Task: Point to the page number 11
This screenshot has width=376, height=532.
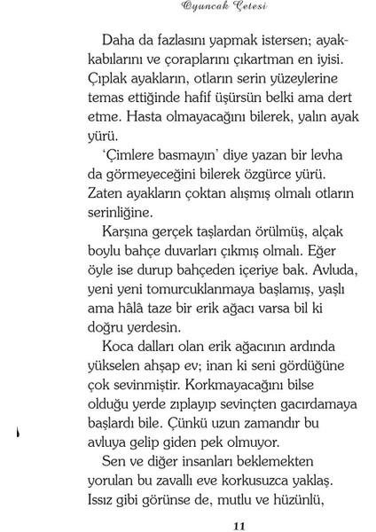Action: (x=237, y=525)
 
